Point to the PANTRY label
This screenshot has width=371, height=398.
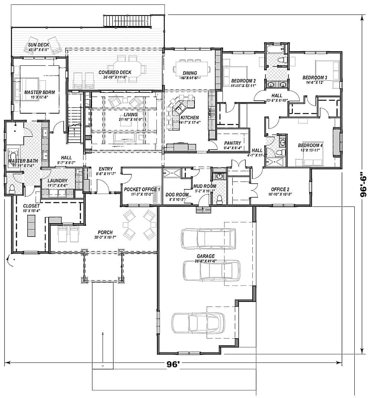pos(233,143)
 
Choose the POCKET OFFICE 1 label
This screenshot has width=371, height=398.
pos(142,189)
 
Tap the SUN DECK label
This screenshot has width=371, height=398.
pos(39,45)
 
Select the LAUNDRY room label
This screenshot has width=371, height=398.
pos(57,180)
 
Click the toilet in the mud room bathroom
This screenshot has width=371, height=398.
pos(220,199)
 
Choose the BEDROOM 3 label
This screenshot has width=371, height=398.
pos(315,78)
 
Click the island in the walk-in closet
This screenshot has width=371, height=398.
pos(30,225)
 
